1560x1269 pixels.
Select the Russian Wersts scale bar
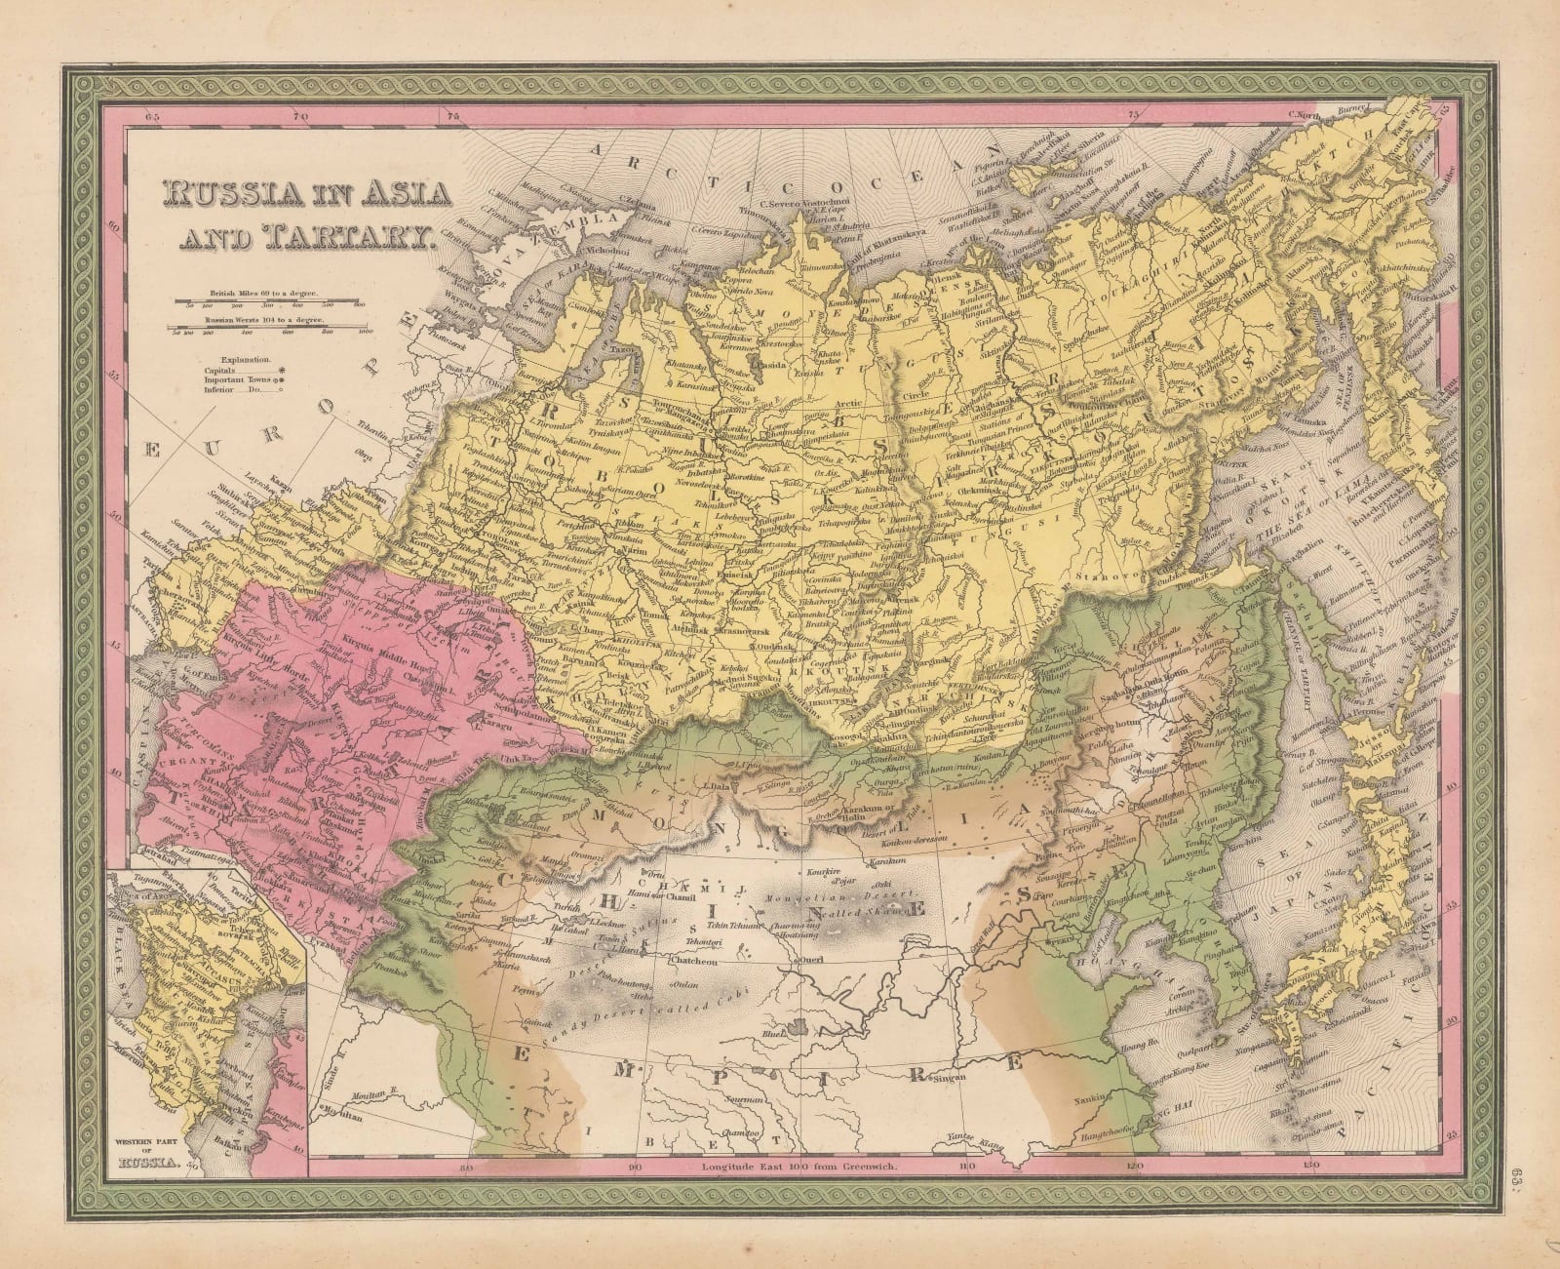pyautogui.click(x=273, y=331)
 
